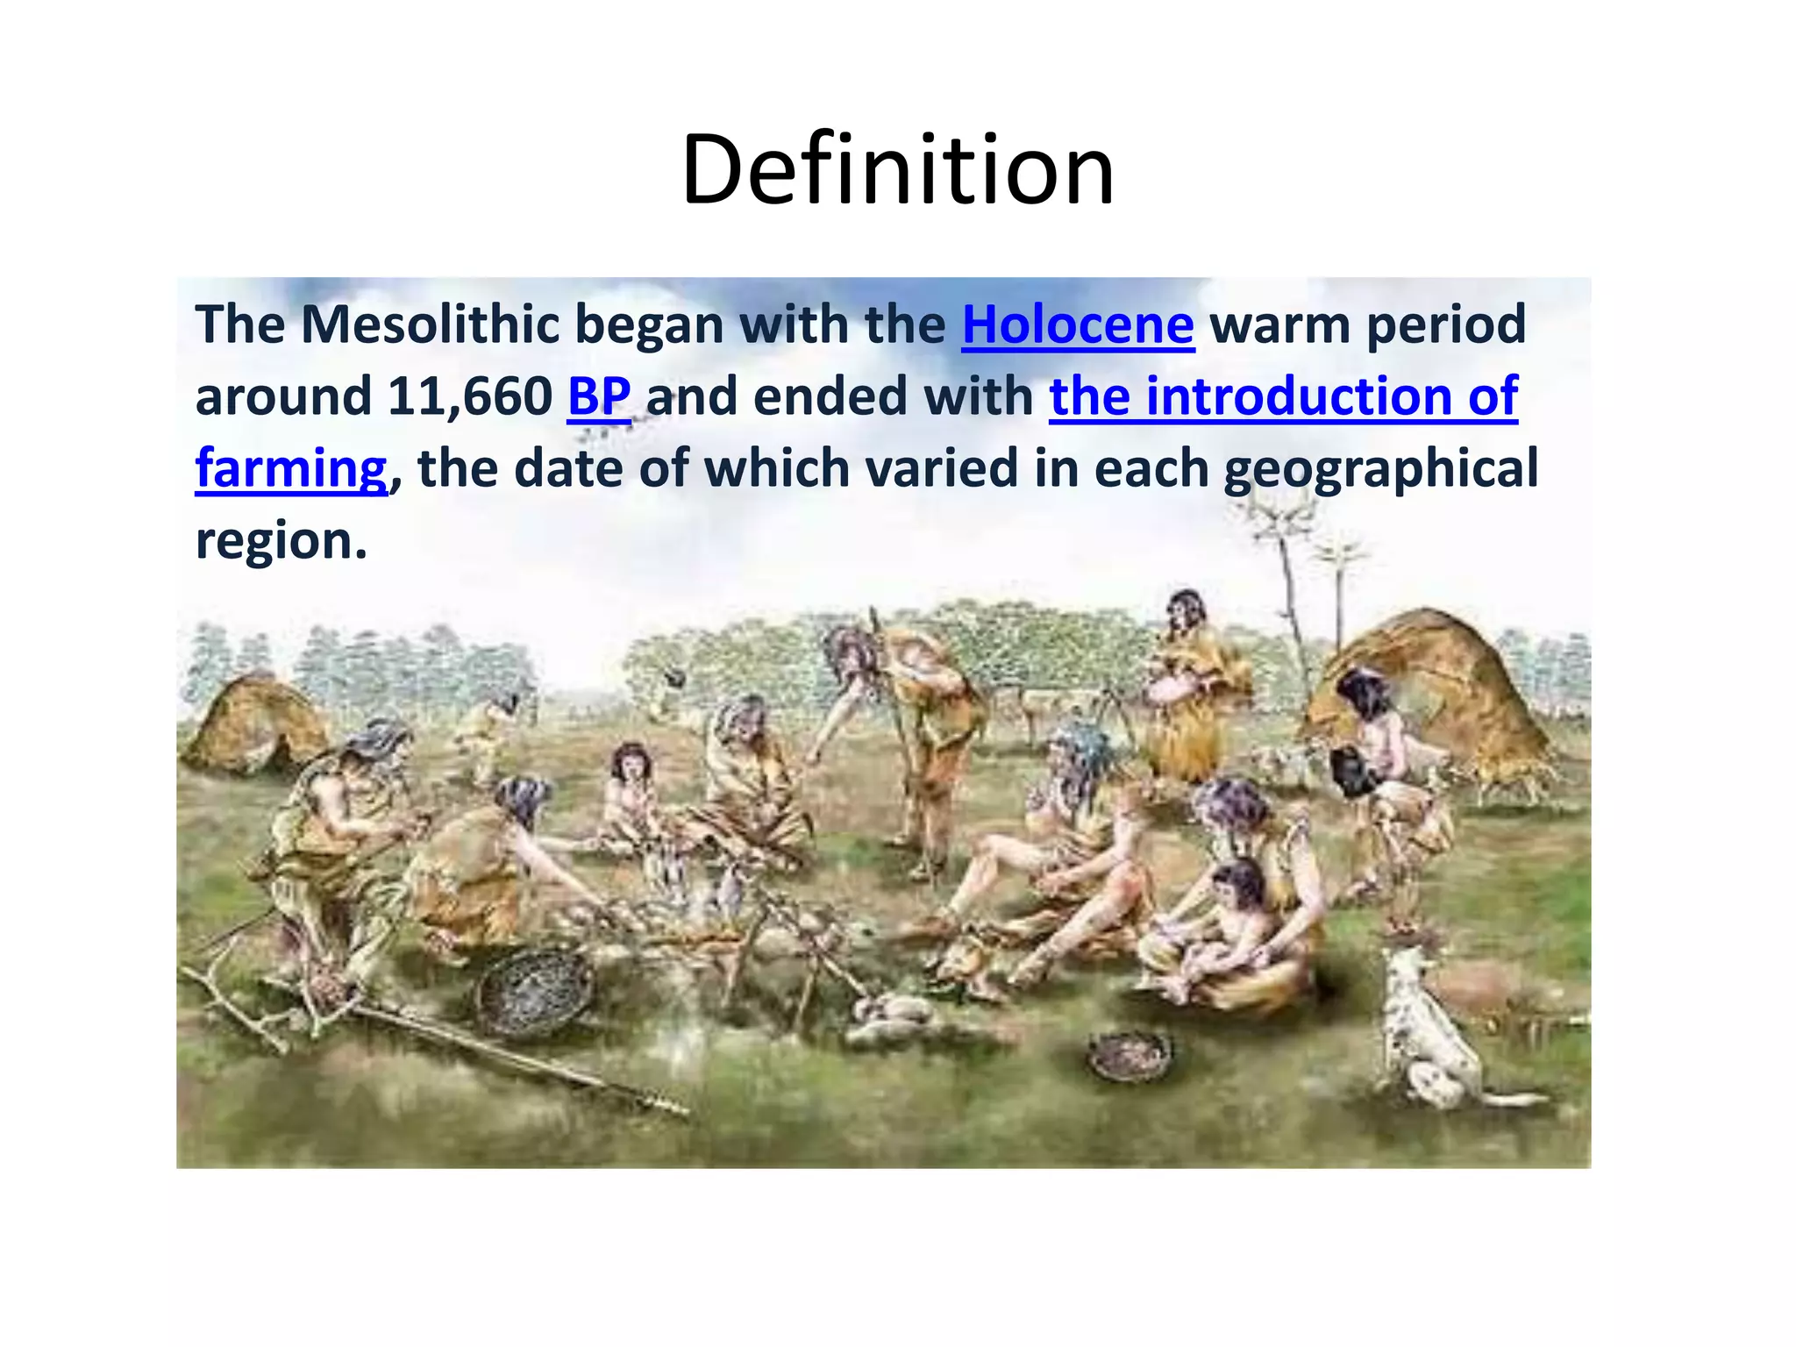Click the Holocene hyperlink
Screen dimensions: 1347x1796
pyautogui.click(x=1078, y=324)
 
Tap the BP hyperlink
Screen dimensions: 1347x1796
pyautogui.click(x=599, y=396)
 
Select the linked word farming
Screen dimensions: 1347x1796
pyautogui.click(x=290, y=468)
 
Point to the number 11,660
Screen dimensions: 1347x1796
pyautogui.click(x=470, y=396)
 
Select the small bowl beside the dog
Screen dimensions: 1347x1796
pyautogui.click(x=1130, y=1053)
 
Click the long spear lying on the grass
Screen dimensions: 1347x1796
pyautogui.click(x=491, y=1061)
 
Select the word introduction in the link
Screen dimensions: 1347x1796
pyautogui.click(x=1298, y=396)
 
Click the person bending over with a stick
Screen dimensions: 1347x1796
pyautogui.click(x=921, y=728)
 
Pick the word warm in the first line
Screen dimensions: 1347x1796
pyautogui.click(x=1279, y=324)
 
